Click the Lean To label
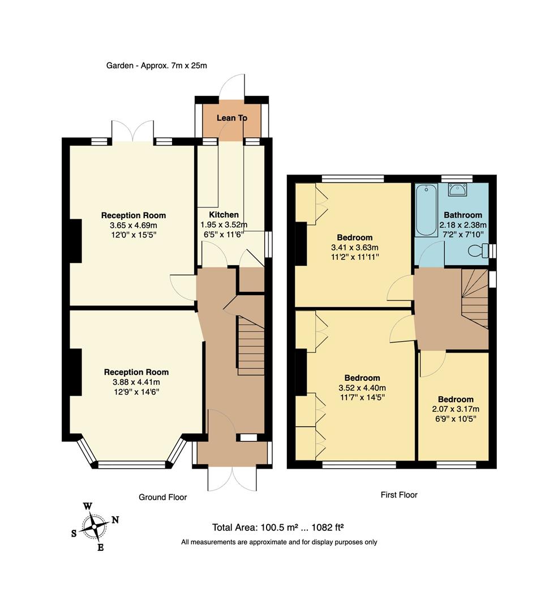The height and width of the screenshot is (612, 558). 231,118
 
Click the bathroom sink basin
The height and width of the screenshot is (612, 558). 457,189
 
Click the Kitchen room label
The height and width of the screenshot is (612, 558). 224,215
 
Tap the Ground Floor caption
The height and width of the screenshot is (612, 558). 162,497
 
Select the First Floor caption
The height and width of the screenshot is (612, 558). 398,495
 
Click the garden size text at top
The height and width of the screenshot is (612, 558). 157,65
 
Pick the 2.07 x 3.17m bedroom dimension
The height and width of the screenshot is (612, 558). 455,409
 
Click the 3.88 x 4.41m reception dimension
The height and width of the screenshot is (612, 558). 136,382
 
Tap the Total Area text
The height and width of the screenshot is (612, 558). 278,528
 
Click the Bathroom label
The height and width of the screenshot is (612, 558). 463,215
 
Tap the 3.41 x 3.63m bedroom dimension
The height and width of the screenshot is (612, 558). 354,247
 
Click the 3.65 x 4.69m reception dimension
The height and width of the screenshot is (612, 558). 133,225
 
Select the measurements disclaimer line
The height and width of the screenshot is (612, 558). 279,542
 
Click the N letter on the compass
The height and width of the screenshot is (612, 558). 115,519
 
